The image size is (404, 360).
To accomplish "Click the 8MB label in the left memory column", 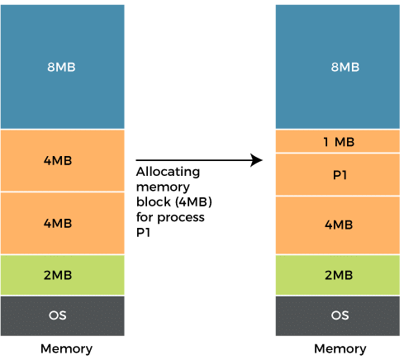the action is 61,67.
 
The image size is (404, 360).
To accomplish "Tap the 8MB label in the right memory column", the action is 345,67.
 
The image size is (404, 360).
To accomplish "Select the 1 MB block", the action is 338,141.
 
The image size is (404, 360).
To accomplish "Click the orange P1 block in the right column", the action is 338,175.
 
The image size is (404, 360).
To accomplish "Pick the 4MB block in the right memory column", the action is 338,225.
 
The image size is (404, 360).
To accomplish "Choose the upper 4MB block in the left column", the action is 63,160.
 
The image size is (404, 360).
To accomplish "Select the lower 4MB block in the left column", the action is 63,223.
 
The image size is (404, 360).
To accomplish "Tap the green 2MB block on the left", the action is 63,275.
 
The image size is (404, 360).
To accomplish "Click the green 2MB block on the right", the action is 338,275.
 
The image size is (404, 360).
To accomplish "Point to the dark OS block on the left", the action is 63,315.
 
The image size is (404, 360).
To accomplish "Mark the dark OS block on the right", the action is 338,315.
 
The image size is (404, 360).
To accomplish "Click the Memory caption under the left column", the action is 66,348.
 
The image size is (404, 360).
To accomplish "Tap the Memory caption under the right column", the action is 340,348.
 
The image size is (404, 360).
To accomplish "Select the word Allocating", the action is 168,172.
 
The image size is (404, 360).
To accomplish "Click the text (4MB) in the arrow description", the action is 193,202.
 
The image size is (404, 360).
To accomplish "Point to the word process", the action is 181,218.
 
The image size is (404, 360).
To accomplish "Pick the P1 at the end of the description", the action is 143,233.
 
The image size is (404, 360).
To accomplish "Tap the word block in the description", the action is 154,201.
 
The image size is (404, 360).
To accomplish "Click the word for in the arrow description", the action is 145,217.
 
